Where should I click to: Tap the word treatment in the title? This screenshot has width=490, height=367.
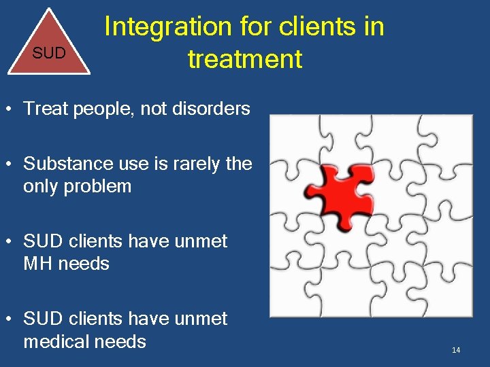pyautogui.click(x=245, y=59)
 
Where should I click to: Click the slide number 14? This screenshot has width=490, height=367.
pyautogui.click(x=456, y=350)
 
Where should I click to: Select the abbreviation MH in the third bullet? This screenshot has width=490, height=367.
pyautogui.click(x=38, y=263)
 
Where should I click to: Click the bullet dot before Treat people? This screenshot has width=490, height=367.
pyautogui.click(x=10, y=109)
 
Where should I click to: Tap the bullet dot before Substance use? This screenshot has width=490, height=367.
pyautogui.click(x=10, y=164)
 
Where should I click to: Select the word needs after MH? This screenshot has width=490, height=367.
pyautogui.click(x=84, y=263)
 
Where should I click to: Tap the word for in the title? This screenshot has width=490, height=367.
pyautogui.click(x=255, y=27)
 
